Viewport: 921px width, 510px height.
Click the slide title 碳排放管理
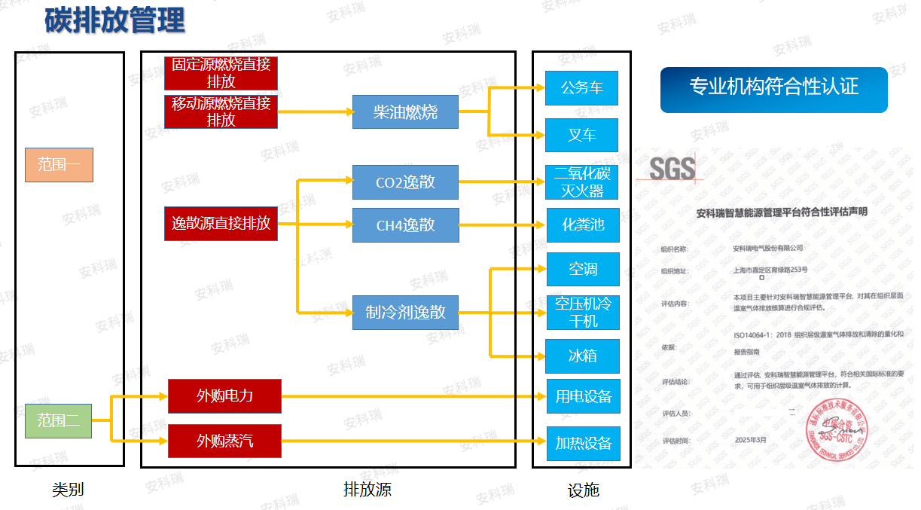pos(114,20)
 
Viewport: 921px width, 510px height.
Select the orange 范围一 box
pos(59,164)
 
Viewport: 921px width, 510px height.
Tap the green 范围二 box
pos(58,420)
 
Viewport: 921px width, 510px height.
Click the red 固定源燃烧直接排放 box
pos(221,73)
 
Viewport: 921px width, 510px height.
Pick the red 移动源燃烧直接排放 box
pos(221,111)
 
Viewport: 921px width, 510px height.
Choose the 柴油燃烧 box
pos(405,112)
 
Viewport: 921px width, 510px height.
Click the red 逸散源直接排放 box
pos(221,224)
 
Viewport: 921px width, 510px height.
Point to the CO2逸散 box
pos(405,182)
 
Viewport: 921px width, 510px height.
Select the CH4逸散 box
pos(405,225)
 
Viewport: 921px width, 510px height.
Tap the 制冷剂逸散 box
pos(405,312)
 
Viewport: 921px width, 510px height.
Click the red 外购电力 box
pos(224,396)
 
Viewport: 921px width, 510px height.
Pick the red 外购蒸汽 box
pos(224,441)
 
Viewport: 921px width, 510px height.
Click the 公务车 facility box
pos(582,88)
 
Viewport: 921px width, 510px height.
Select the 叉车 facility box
pos(582,136)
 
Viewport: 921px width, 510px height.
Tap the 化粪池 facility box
pos(582,224)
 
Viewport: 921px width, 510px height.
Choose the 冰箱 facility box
pos(582,356)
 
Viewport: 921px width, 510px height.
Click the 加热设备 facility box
pos(583,443)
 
